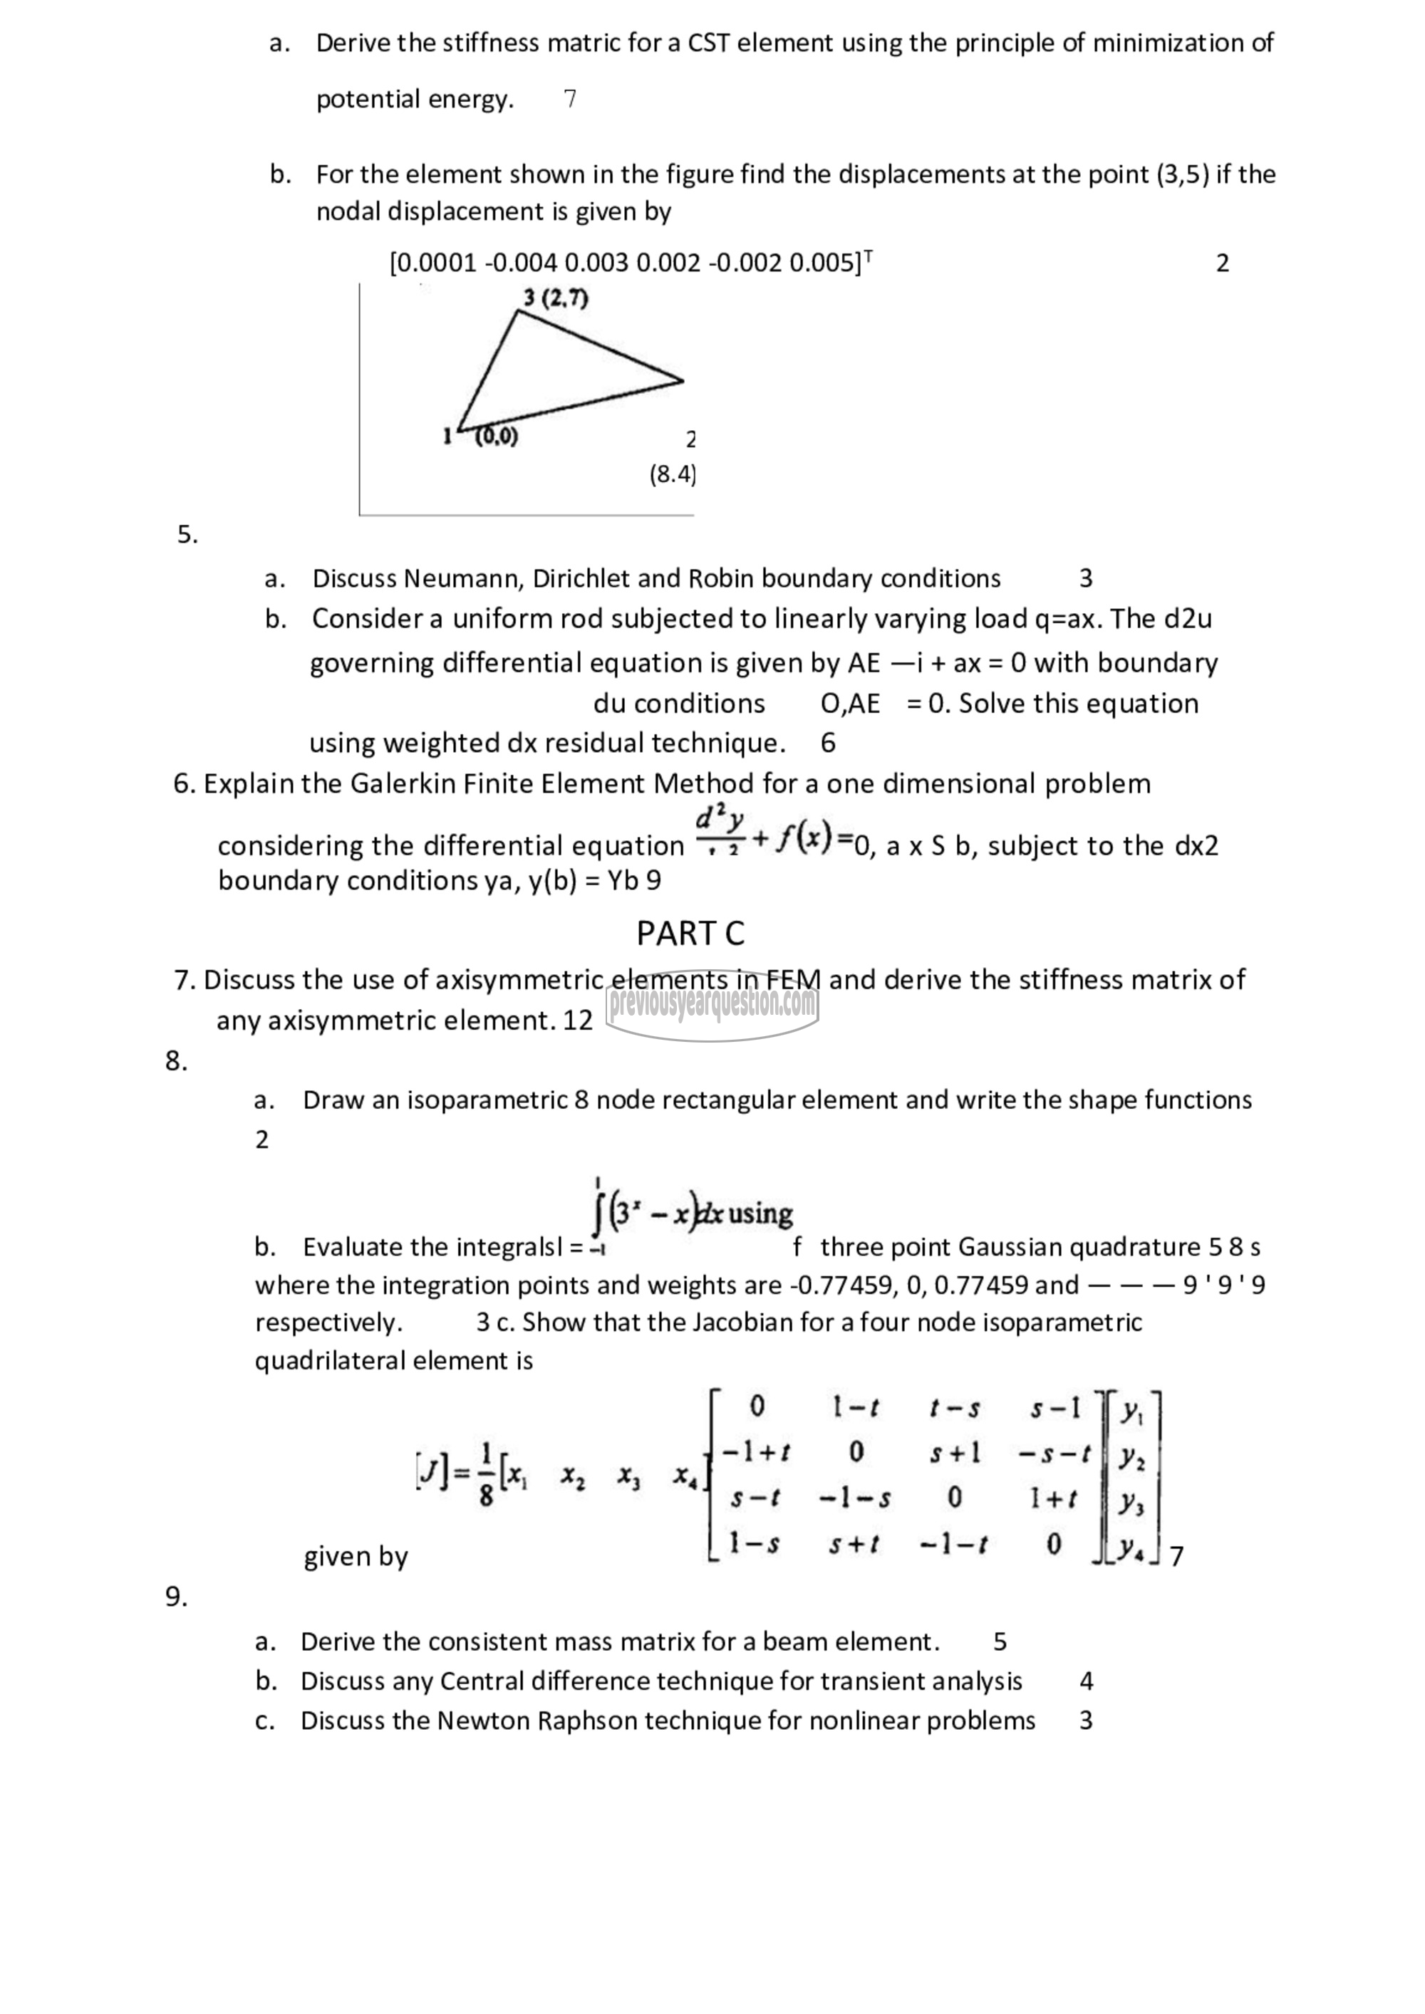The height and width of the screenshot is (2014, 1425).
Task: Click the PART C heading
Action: [x=690, y=934]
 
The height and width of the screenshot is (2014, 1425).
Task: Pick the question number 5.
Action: [x=187, y=534]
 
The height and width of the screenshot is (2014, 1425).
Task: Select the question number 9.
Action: [x=177, y=1597]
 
